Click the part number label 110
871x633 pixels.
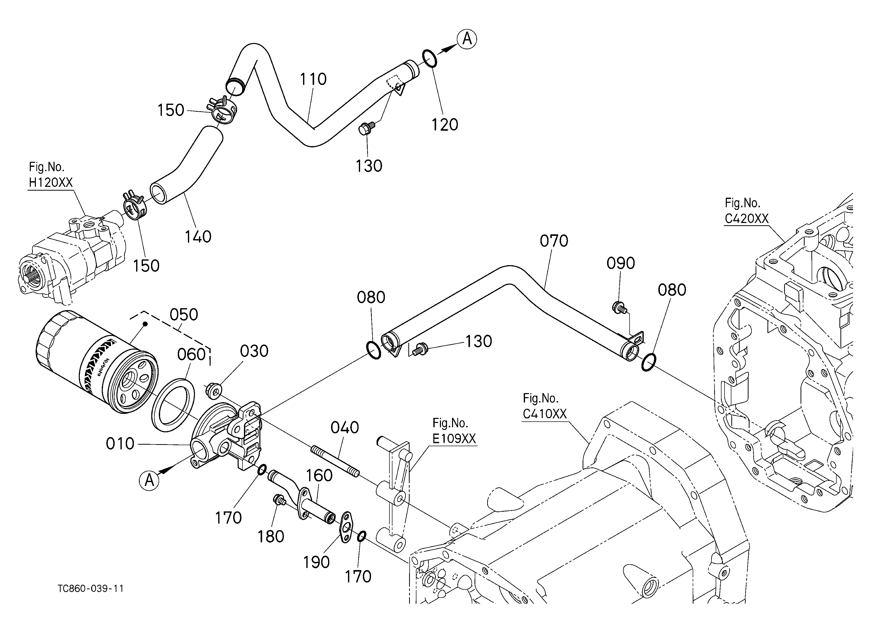313,79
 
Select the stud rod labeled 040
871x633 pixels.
335,461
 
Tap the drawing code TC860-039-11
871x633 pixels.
91,589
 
